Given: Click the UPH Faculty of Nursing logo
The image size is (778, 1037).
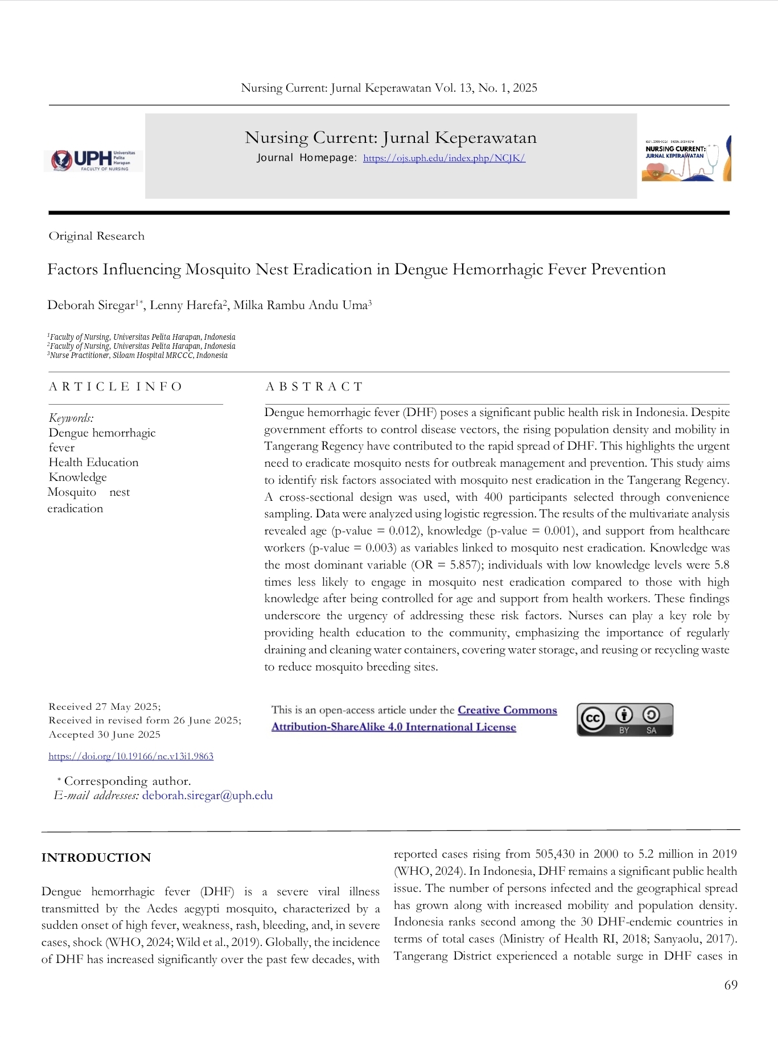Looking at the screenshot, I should coord(93,161).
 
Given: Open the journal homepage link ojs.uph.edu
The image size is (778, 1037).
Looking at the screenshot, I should coord(444,158).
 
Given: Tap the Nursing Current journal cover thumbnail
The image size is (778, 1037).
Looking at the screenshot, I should coord(686,159).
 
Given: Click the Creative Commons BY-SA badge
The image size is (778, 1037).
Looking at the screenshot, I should coord(624,719).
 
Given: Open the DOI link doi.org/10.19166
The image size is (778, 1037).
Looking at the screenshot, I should coord(131,756).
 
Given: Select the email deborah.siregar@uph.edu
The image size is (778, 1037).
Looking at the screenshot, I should coord(207,796).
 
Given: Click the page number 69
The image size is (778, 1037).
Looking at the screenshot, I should coord(730,985).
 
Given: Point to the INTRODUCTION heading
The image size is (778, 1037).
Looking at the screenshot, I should coord(96,858).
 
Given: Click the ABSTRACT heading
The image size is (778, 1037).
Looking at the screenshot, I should coord(314,387).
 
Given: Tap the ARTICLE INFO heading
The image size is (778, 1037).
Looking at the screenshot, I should coord(115,387).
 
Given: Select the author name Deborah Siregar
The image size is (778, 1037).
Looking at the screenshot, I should coord(90,305).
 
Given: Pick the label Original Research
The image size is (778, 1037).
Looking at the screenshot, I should coord(96,236).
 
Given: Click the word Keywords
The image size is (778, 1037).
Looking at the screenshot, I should coord(71,418).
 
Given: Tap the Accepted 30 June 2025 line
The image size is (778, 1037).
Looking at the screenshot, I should coord(105,735).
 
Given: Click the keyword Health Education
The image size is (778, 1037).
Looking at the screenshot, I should coord(93,463).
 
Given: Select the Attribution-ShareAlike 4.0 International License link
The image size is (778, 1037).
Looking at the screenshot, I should coord(393,727).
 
